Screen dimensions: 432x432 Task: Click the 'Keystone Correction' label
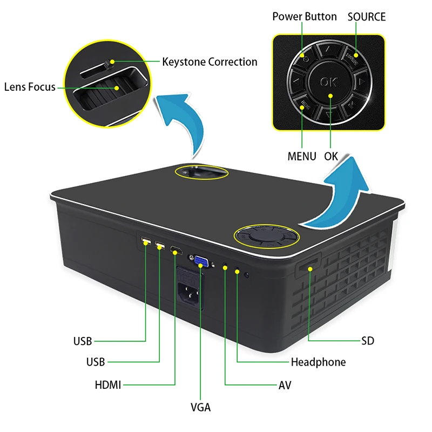pyautogui.click(x=210, y=62)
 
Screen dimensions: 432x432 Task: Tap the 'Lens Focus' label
pyautogui.click(x=30, y=86)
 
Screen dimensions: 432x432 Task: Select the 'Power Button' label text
pyautogui.click(x=304, y=16)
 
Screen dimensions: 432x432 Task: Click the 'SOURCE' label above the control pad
pyautogui.click(x=367, y=16)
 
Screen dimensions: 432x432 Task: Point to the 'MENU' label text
pyautogui.click(x=302, y=157)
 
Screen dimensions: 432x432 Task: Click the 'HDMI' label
pyautogui.click(x=107, y=385)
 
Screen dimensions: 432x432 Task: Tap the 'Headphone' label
pyautogui.click(x=318, y=362)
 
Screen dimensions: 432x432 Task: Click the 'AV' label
pyautogui.click(x=285, y=385)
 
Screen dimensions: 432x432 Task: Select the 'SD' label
pyautogui.click(x=368, y=341)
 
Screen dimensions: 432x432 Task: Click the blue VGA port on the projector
pyautogui.click(x=201, y=262)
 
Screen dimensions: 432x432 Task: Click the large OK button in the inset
pyautogui.click(x=328, y=82)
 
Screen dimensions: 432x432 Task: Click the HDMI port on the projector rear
pyautogui.click(x=176, y=251)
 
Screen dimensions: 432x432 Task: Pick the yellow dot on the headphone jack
pyautogui.click(x=237, y=269)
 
